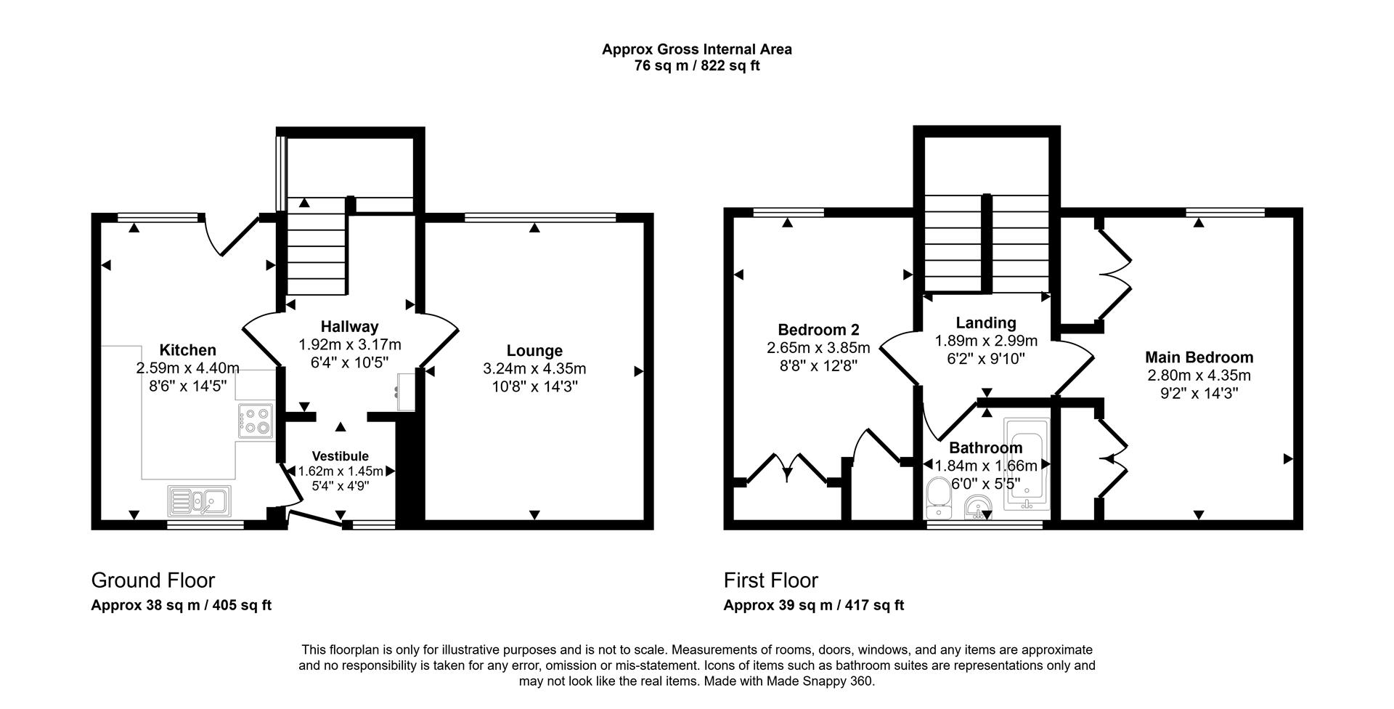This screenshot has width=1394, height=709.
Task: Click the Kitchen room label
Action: click(187, 351)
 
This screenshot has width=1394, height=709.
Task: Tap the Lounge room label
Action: click(534, 351)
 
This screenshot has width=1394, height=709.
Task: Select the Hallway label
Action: click(349, 327)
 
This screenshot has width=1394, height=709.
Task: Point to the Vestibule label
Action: click(341, 456)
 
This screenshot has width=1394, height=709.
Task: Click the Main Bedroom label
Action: click(1199, 357)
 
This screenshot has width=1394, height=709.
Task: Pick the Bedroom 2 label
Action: click(818, 330)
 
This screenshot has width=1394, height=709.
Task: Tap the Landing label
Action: click(985, 323)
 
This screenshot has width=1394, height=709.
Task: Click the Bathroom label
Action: click(985, 448)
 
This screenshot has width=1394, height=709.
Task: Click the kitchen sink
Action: click(199, 500)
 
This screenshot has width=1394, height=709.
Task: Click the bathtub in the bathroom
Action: click(1026, 460)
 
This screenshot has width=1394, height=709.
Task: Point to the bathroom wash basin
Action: click(979, 508)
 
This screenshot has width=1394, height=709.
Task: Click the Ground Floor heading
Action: click(152, 580)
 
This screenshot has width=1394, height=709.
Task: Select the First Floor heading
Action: click(770, 580)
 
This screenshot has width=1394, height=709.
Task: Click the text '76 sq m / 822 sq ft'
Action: click(697, 66)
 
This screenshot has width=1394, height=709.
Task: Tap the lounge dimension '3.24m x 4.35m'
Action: click(534, 369)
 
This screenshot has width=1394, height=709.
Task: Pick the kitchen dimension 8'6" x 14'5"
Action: click(187, 386)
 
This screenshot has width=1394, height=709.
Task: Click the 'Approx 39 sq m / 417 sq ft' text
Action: click(814, 605)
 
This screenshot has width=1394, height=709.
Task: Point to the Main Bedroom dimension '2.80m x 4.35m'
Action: click(1199, 376)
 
